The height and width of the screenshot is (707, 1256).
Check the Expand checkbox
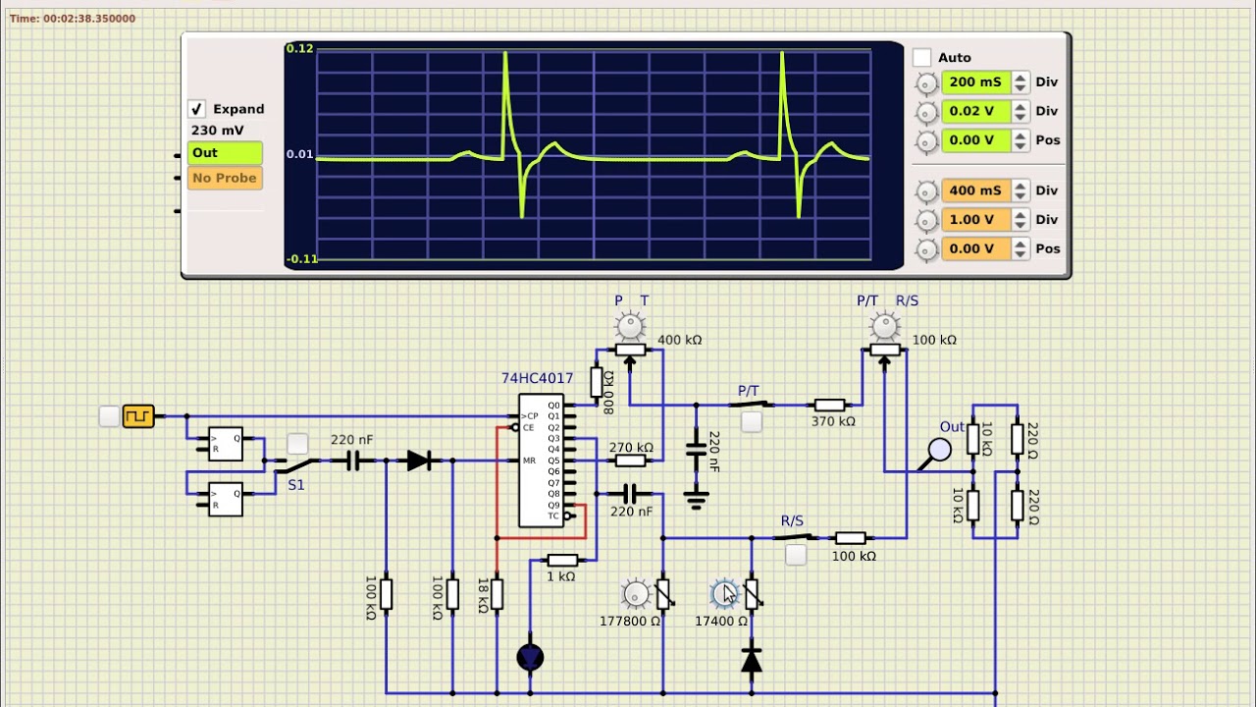pos(197,109)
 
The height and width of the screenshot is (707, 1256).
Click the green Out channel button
pos(225,153)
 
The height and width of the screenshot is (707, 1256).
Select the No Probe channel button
pos(225,178)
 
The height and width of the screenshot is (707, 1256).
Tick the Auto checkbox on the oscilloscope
pos(921,58)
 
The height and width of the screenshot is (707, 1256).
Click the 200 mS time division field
pos(975,82)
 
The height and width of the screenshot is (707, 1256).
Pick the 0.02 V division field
pos(975,111)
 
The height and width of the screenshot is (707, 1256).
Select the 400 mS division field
pos(975,190)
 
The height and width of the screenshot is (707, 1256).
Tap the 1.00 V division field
pos(975,219)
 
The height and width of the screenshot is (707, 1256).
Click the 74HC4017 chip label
pos(537,378)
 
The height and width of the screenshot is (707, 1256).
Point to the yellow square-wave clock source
pos(138,416)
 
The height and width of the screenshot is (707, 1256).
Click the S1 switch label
pos(296,485)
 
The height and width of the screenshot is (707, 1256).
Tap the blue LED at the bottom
pos(530,657)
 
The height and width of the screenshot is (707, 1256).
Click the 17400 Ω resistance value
pos(721,622)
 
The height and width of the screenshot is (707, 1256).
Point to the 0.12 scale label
pos(299,48)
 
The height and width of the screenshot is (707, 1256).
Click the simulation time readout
pos(73,19)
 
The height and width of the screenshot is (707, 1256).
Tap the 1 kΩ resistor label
pos(560,576)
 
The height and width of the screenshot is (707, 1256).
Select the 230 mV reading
pos(218,131)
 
